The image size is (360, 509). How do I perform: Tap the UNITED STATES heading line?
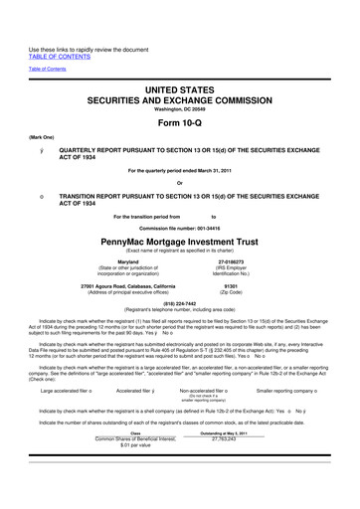pos(180,62)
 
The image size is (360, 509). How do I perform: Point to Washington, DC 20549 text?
pos(180,85)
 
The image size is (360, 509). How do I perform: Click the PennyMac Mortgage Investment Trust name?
pos(180,240)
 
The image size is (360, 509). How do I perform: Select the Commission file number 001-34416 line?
pos(180,226)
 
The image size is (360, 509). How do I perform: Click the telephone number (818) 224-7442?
pos(180,305)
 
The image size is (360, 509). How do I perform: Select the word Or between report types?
pos(180,181)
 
